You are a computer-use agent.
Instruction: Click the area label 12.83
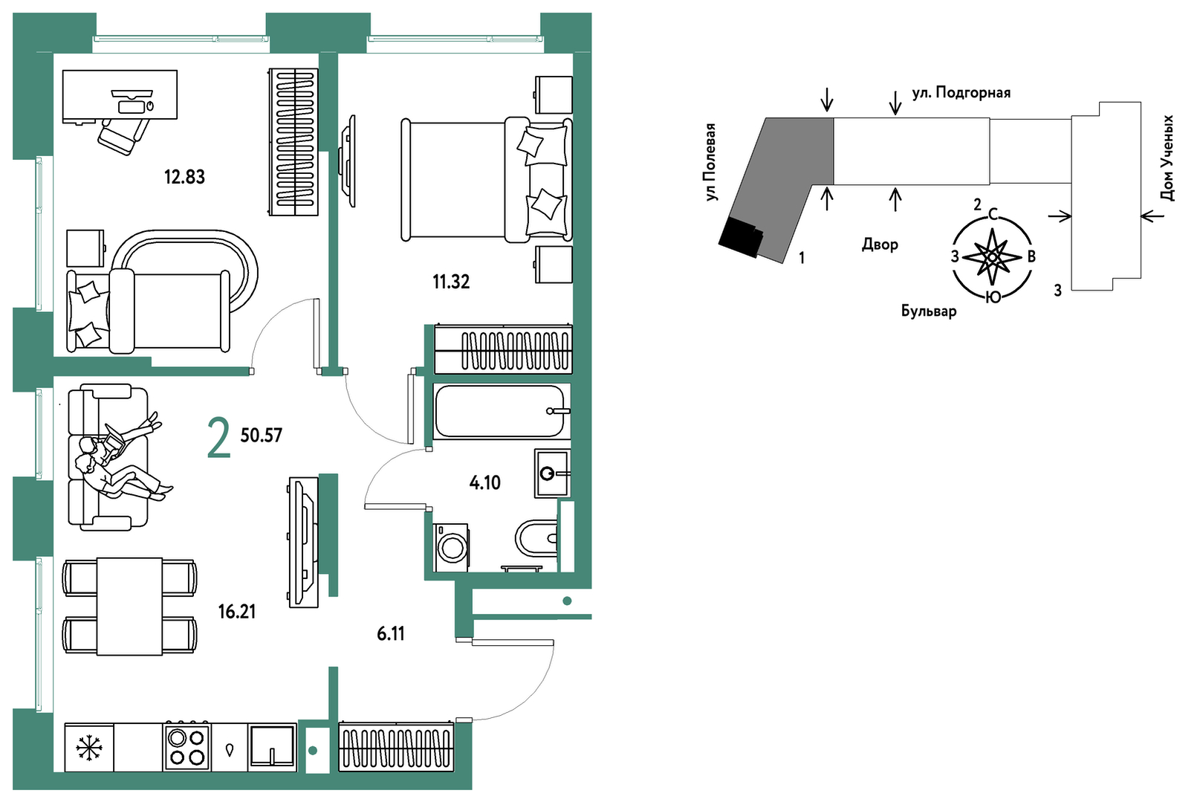[184, 176]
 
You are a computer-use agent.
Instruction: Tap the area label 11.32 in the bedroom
[451, 281]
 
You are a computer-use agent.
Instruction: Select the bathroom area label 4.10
[484, 483]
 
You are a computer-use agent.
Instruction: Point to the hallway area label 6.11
[391, 633]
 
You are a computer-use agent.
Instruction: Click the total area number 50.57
[262, 436]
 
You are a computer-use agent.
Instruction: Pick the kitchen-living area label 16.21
[237, 611]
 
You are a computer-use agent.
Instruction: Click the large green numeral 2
[218, 438]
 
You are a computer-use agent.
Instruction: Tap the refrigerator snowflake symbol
[88, 748]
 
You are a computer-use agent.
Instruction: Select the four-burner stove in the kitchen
[186, 747]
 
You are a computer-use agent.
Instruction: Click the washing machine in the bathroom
[452, 548]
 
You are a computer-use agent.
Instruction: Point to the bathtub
[501, 411]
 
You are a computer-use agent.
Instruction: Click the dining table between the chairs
[129, 607]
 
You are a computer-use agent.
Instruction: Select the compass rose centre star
[993, 257]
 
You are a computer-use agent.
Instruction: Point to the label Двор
[880, 245]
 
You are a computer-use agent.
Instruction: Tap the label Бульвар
[929, 311]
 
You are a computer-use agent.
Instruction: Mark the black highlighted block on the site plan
[741, 238]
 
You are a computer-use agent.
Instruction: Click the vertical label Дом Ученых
[1167, 158]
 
